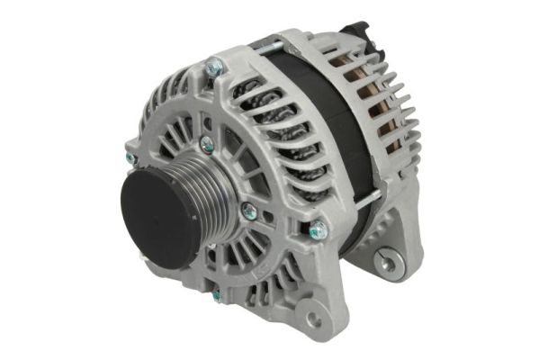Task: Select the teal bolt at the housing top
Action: pos(214,66)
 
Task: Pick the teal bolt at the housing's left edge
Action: pos(130,158)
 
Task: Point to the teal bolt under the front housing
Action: pos(217,294)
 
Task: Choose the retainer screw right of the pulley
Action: pos(249,211)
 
